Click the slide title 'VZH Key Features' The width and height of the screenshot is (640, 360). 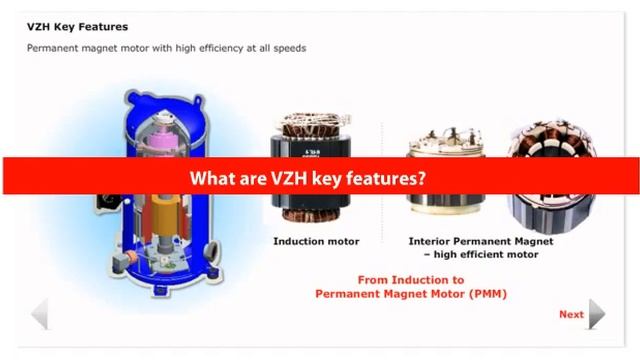pyautogui.click(x=77, y=27)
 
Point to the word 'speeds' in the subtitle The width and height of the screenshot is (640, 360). pyautogui.click(x=287, y=48)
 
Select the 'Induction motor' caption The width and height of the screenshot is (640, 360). pyautogui.click(x=316, y=241)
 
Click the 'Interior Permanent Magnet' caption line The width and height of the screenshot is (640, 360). pyautogui.click(x=480, y=241)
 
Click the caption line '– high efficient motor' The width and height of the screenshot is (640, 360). pyautogui.click(x=480, y=255)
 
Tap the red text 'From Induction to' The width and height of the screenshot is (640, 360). pyautogui.click(x=410, y=280)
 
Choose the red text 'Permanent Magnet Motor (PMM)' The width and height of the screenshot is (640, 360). pyautogui.click(x=411, y=294)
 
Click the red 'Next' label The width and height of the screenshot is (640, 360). pyautogui.click(x=571, y=314)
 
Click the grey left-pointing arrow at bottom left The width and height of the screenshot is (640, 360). pyautogui.click(x=40, y=314)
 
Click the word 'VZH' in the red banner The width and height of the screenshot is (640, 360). pyautogui.click(x=268, y=179)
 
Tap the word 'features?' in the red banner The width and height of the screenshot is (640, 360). pyautogui.click(x=387, y=179)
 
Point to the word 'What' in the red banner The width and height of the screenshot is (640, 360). pyautogui.click(x=212, y=179)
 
